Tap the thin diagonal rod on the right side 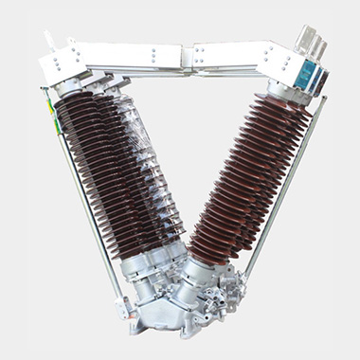point(289,189)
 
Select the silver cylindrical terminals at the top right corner point(309,43)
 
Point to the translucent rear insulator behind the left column point(156,180)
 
